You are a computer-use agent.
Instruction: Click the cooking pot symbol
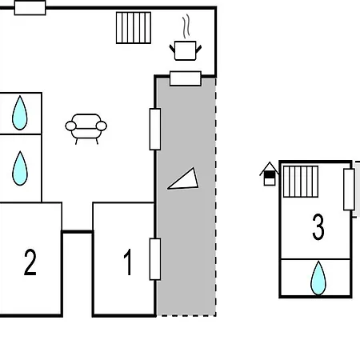(x=186, y=50)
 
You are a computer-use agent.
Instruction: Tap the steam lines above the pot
(x=186, y=26)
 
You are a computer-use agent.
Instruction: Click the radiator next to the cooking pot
(x=134, y=27)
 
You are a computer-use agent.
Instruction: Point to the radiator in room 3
(x=301, y=182)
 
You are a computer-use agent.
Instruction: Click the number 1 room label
(x=128, y=262)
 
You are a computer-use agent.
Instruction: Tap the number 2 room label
(x=30, y=262)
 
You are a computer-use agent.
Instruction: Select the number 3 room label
(x=318, y=226)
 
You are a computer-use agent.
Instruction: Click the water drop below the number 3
(x=318, y=278)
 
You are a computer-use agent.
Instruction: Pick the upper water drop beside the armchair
(x=20, y=113)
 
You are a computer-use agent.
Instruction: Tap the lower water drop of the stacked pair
(x=20, y=168)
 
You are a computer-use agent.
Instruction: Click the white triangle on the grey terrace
(x=184, y=179)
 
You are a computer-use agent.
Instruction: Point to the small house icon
(x=270, y=174)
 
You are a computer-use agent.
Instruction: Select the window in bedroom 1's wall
(x=155, y=259)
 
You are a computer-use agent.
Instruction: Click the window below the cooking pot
(x=186, y=78)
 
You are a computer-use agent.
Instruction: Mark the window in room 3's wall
(x=349, y=190)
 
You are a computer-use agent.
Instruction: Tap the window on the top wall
(x=30, y=8)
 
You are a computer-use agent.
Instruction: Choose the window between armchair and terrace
(x=155, y=129)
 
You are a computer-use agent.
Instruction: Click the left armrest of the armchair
(x=70, y=126)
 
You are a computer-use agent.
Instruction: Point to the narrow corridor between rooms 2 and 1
(x=78, y=274)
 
